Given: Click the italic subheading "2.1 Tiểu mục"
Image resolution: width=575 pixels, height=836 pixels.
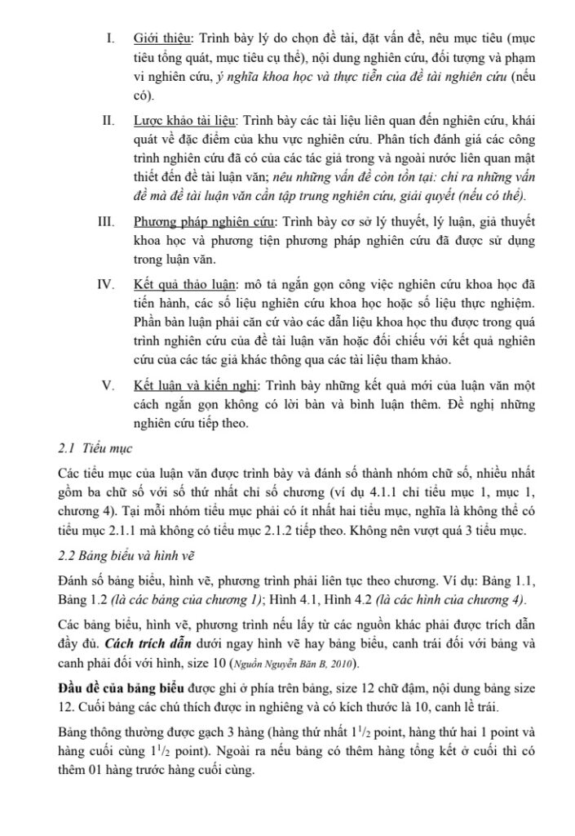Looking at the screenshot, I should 90,448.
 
